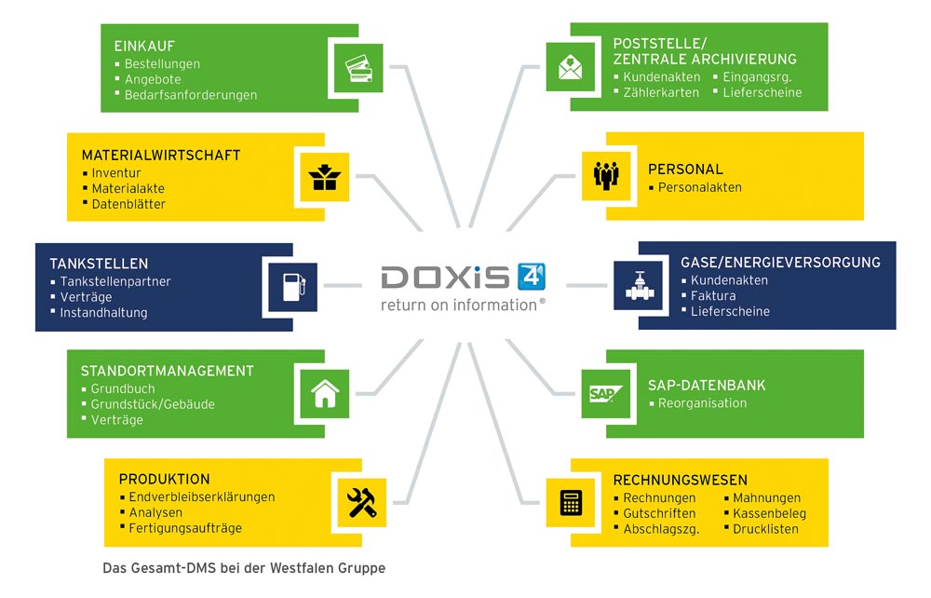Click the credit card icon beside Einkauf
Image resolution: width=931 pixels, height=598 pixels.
[358, 68]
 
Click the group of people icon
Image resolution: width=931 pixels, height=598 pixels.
[606, 174]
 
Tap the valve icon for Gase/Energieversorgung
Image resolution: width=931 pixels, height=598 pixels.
[639, 285]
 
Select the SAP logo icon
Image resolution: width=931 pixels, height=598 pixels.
[606, 392]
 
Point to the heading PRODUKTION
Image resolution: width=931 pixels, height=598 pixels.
[164, 479]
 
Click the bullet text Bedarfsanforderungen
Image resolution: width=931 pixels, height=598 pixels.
[191, 95]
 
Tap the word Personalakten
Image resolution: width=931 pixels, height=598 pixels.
[699, 187]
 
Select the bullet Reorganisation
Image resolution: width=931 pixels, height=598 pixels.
[702, 403]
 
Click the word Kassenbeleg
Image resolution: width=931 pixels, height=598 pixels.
[769, 513]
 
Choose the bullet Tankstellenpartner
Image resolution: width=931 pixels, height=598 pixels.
[115, 281]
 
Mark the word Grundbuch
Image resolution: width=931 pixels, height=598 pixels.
[123, 388]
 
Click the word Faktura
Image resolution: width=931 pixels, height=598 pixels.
[713, 296]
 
